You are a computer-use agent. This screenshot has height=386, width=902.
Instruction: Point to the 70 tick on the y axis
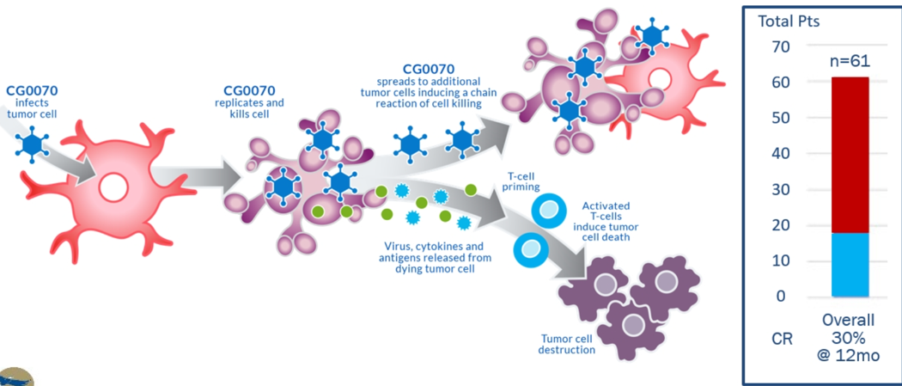(x=779, y=46)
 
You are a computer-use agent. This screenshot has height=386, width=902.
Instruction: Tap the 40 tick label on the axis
(x=779, y=154)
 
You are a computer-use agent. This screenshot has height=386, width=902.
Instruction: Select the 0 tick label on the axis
(x=779, y=297)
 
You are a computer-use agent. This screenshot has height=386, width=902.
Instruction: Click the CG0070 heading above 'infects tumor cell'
(x=33, y=89)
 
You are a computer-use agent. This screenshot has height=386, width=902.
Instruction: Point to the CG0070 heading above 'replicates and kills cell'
(x=249, y=89)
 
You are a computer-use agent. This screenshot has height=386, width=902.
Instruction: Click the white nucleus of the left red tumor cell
(x=113, y=187)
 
